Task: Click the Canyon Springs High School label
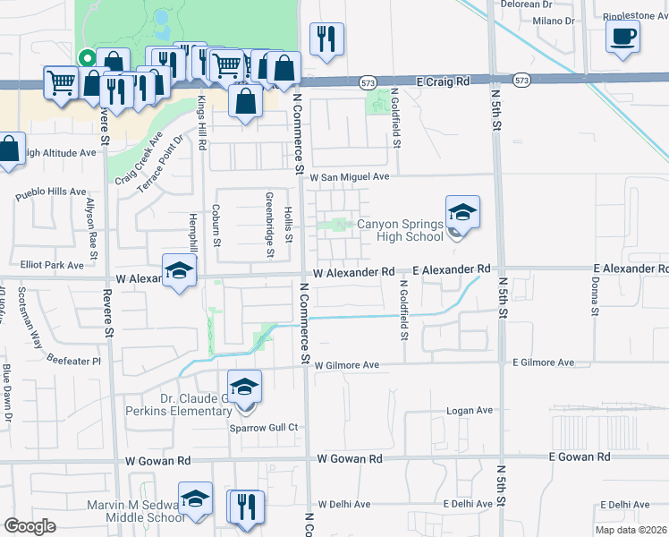click(x=400, y=231)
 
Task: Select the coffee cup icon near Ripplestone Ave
click(x=622, y=37)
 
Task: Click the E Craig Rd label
click(x=444, y=81)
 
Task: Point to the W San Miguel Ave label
click(x=351, y=177)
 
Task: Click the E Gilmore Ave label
click(x=543, y=362)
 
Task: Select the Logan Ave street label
click(x=470, y=411)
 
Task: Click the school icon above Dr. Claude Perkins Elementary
click(x=244, y=388)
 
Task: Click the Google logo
click(x=30, y=525)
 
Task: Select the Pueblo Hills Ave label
click(x=53, y=192)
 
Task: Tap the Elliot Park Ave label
click(x=53, y=266)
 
